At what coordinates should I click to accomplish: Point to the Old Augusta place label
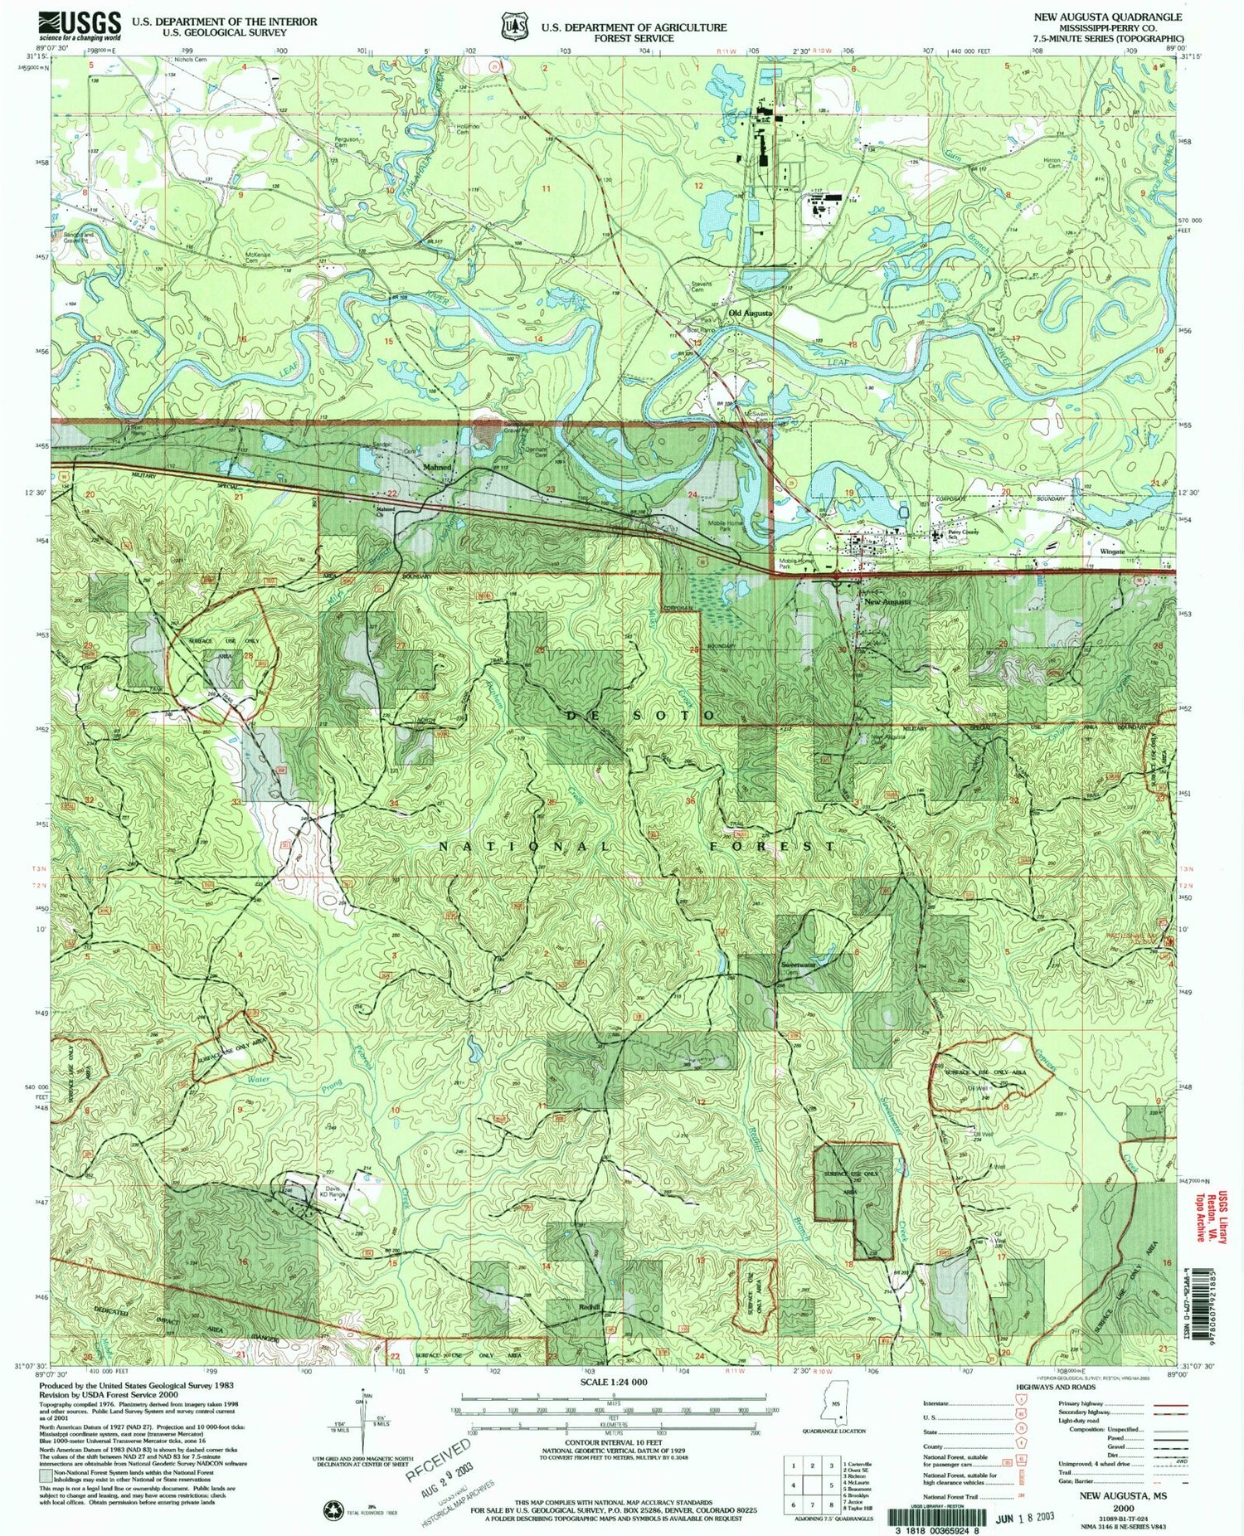pos(751,314)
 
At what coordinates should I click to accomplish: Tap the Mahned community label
pos(437,467)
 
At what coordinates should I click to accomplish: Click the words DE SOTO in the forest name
pos(641,715)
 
